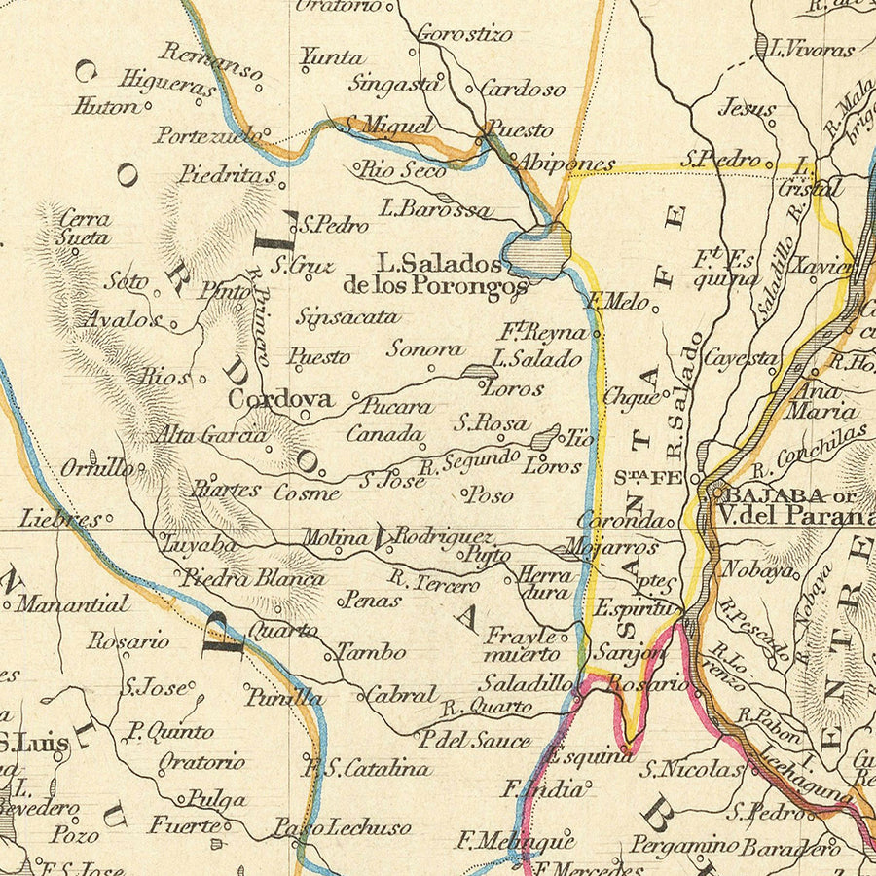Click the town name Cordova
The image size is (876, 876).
pyautogui.click(x=280, y=399)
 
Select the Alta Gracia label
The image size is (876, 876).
pyautogui.click(x=212, y=435)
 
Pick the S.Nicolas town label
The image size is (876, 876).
pyautogui.click(x=692, y=770)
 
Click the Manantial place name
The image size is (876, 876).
pyautogui.click(x=73, y=604)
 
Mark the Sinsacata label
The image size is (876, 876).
pyautogui.click(x=347, y=316)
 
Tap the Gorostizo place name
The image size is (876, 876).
pyautogui.click(x=464, y=35)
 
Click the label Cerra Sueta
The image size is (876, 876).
pyautogui.click(x=85, y=227)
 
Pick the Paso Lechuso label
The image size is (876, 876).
pyautogui.click(x=341, y=828)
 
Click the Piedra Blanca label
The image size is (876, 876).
pyautogui.click(x=253, y=578)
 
